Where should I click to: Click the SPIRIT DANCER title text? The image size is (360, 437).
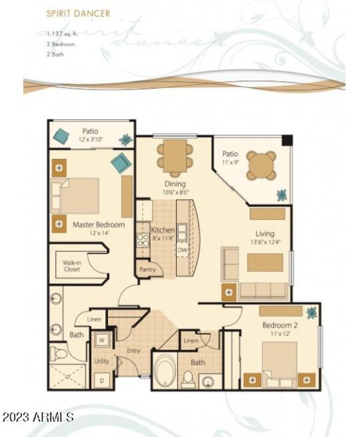(x=78, y=13)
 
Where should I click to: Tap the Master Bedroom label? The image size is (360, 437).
(x=99, y=224)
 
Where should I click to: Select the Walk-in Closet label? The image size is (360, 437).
(x=72, y=266)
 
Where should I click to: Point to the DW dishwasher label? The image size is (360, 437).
(x=182, y=250)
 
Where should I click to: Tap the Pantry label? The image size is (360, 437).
(x=147, y=270)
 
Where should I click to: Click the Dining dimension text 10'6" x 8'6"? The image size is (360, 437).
(x=175, y=192)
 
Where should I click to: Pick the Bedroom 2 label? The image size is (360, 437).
(x=281, y=325)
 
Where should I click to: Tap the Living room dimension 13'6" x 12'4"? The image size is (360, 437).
(x=265, y=242)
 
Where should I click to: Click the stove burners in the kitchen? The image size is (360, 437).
(x=143, y=240)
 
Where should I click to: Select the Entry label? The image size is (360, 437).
(x=134, y=351)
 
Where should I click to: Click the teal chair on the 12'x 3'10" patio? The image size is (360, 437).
(x=61, y=135)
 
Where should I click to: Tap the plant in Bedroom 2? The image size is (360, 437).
(x=311, y=312)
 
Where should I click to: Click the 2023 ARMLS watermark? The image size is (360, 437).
(x=38, y=417)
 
